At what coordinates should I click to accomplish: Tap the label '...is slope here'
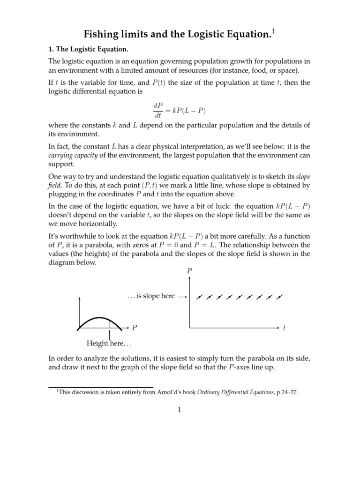tap(150, 296)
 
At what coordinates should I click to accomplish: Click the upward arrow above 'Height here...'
tap(109, 335)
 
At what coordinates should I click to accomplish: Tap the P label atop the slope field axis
tap(189, 270)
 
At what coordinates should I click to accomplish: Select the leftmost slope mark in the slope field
tap(199, 297)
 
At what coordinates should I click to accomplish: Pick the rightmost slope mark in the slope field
tap(280, 297)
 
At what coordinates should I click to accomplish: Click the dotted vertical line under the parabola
tap(109, 323)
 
